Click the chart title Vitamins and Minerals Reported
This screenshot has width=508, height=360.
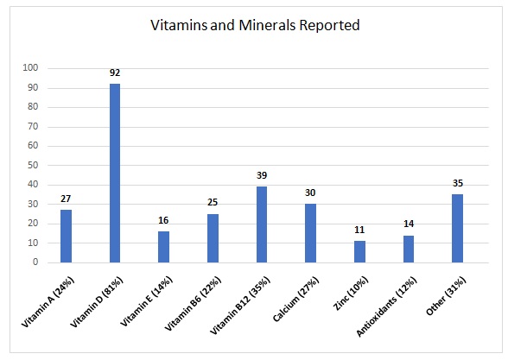click(256, 25)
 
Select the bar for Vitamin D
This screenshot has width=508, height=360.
click(115, 173)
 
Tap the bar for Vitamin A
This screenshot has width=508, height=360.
click(66, 236)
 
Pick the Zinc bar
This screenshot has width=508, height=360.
click(359, 251)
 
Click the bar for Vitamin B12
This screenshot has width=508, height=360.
click(262, 224)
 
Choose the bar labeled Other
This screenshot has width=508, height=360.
click(458, 228)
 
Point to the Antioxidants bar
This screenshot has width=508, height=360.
click(409, 249)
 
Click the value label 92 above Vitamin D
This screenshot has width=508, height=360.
click(115, 73)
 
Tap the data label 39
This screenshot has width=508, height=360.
click(262, 175)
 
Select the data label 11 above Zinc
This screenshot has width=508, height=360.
click(359, 230)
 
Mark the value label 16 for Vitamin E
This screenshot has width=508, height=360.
click(163, 220)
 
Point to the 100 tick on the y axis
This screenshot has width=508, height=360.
click(30, 67)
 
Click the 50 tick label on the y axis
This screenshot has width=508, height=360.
click(33, 165)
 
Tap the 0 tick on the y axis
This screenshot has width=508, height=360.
click(35, 262)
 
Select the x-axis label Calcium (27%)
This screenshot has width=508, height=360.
click(295, 299)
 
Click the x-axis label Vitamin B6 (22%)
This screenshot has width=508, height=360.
click(193, 304)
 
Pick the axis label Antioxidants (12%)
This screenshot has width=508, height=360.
click(386, 306)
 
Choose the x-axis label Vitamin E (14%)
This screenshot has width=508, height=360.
click(147, 301)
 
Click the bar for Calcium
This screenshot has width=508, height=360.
click(311, 233)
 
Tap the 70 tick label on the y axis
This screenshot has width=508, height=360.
click(33, 126)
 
